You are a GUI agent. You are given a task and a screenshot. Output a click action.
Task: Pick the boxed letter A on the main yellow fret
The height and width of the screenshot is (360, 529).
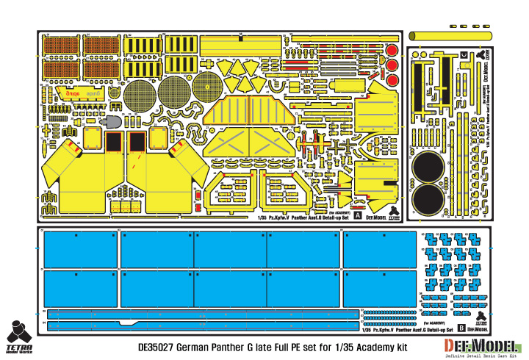tap(358, 217)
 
